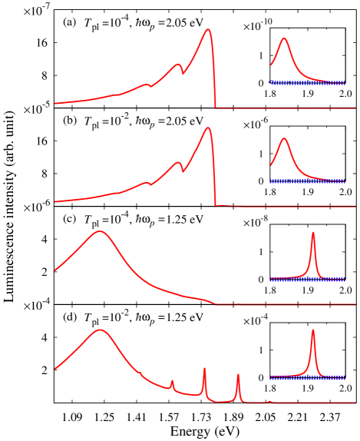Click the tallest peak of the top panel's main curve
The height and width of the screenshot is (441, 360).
[207, 30]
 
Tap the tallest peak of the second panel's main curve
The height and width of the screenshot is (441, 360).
[207, 128]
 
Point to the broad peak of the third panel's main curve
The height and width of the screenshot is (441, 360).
[100, 231]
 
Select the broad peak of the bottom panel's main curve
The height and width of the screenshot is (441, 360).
[100, 330]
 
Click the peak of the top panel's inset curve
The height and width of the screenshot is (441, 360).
[284, 38]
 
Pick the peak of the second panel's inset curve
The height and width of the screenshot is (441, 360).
[284, 138]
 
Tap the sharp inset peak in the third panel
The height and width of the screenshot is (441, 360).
[312, 232]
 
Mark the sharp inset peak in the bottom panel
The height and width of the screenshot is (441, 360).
[312, 330]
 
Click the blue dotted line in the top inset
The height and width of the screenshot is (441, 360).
[307, 82]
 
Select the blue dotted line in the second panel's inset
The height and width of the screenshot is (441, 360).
[307, 181]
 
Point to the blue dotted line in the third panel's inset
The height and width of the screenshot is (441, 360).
[292, 280]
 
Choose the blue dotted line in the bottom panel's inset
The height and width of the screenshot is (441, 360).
[292, 378]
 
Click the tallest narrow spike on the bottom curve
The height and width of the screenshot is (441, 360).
[204, 369]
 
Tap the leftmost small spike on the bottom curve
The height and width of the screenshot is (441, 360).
[172, 380]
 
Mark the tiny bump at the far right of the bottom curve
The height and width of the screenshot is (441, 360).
[269, 401]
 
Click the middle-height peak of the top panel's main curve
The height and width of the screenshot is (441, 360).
[178, 65]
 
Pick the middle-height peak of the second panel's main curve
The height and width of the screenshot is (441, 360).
[178, 162]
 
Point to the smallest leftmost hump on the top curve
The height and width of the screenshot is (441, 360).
[146, 85]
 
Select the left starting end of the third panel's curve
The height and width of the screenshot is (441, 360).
[54, 270]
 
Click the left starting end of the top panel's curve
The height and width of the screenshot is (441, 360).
[54, 103]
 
